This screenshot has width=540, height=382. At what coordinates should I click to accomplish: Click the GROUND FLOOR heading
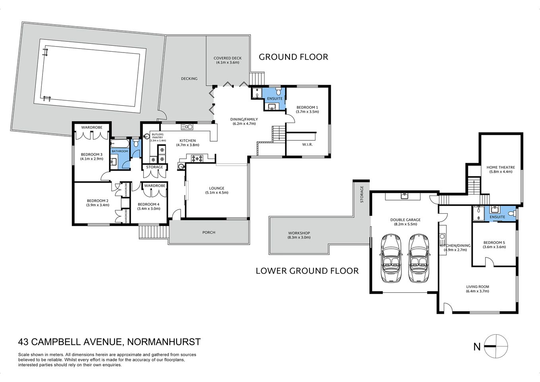(293, 57)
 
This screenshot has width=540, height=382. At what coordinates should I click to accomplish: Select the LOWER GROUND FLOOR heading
(307, 271)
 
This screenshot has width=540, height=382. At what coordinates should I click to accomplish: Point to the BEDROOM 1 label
(307, 107)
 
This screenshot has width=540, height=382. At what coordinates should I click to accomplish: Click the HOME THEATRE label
(501, 168)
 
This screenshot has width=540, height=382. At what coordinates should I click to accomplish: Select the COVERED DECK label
(227, 58)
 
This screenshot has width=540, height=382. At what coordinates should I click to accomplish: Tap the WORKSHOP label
(299, 233)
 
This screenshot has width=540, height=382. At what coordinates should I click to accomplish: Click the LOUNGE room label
(217, 188)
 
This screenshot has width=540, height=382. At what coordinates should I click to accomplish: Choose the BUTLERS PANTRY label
(157, 136)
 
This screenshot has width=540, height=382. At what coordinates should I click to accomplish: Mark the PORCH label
(209, 232)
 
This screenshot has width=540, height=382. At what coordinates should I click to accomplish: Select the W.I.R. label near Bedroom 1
(307, 144)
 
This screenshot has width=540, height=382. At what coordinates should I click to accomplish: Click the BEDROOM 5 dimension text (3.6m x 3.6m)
(494, 247)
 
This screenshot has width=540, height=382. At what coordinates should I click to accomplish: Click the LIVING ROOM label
(478, 287)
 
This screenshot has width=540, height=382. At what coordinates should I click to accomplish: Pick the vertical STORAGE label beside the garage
(362, 194)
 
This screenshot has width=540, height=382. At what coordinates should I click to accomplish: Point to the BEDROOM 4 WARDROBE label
(155, 186)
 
